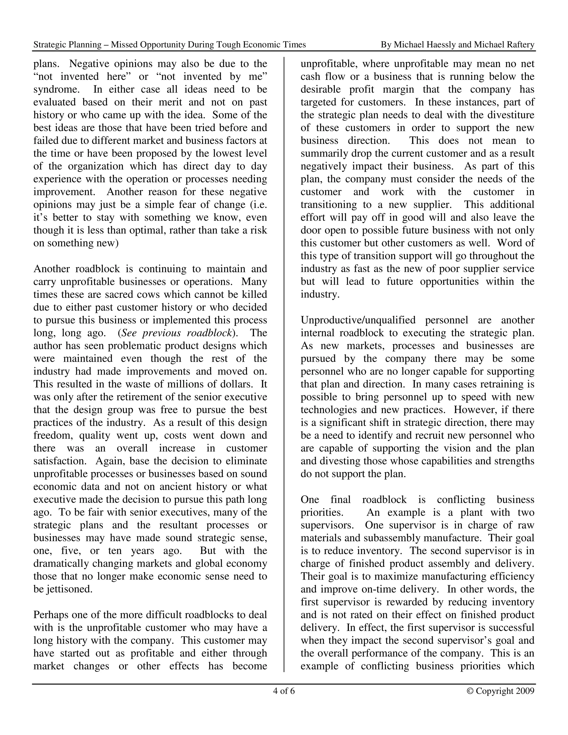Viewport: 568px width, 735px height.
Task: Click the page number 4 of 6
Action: coord(284,691)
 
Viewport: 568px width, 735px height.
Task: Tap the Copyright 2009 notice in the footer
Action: coord(500,691)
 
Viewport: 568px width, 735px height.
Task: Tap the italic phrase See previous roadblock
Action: coord(176,333)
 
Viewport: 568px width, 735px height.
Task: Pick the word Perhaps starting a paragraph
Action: coord(51,615)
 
